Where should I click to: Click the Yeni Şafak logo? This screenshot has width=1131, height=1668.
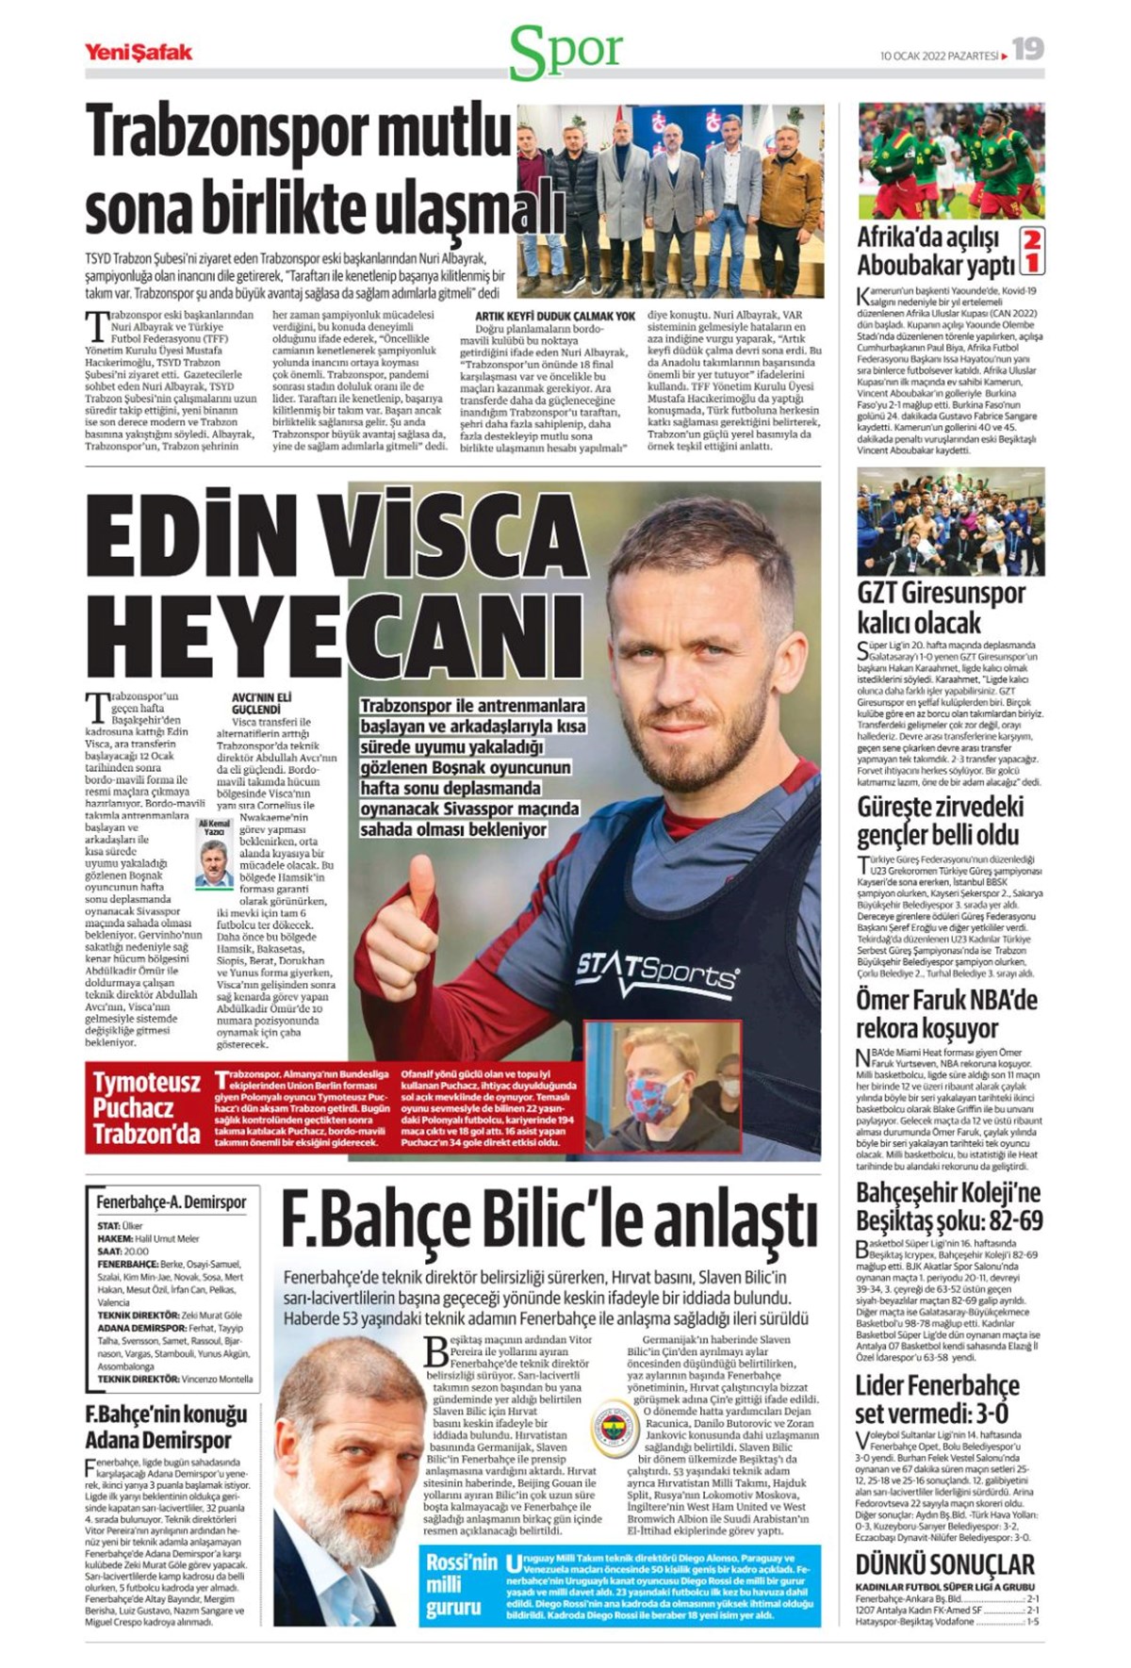click(x=139, y=52)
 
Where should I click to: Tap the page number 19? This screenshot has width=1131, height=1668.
click(x=1028, y=50)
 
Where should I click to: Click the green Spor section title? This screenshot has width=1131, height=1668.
click(x=565, y=52)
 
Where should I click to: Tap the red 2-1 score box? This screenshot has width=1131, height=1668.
click(x=1032, y=251)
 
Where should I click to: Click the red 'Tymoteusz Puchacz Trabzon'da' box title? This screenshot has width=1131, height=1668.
click(x=146, y=1107)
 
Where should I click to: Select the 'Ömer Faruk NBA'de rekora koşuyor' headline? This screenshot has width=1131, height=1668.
click(x=946, y=1013)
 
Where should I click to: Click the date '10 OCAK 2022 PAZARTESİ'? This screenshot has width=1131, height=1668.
click(x=938, y=56)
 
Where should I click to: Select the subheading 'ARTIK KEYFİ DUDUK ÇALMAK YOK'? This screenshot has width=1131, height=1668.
click(x=554, y=317)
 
